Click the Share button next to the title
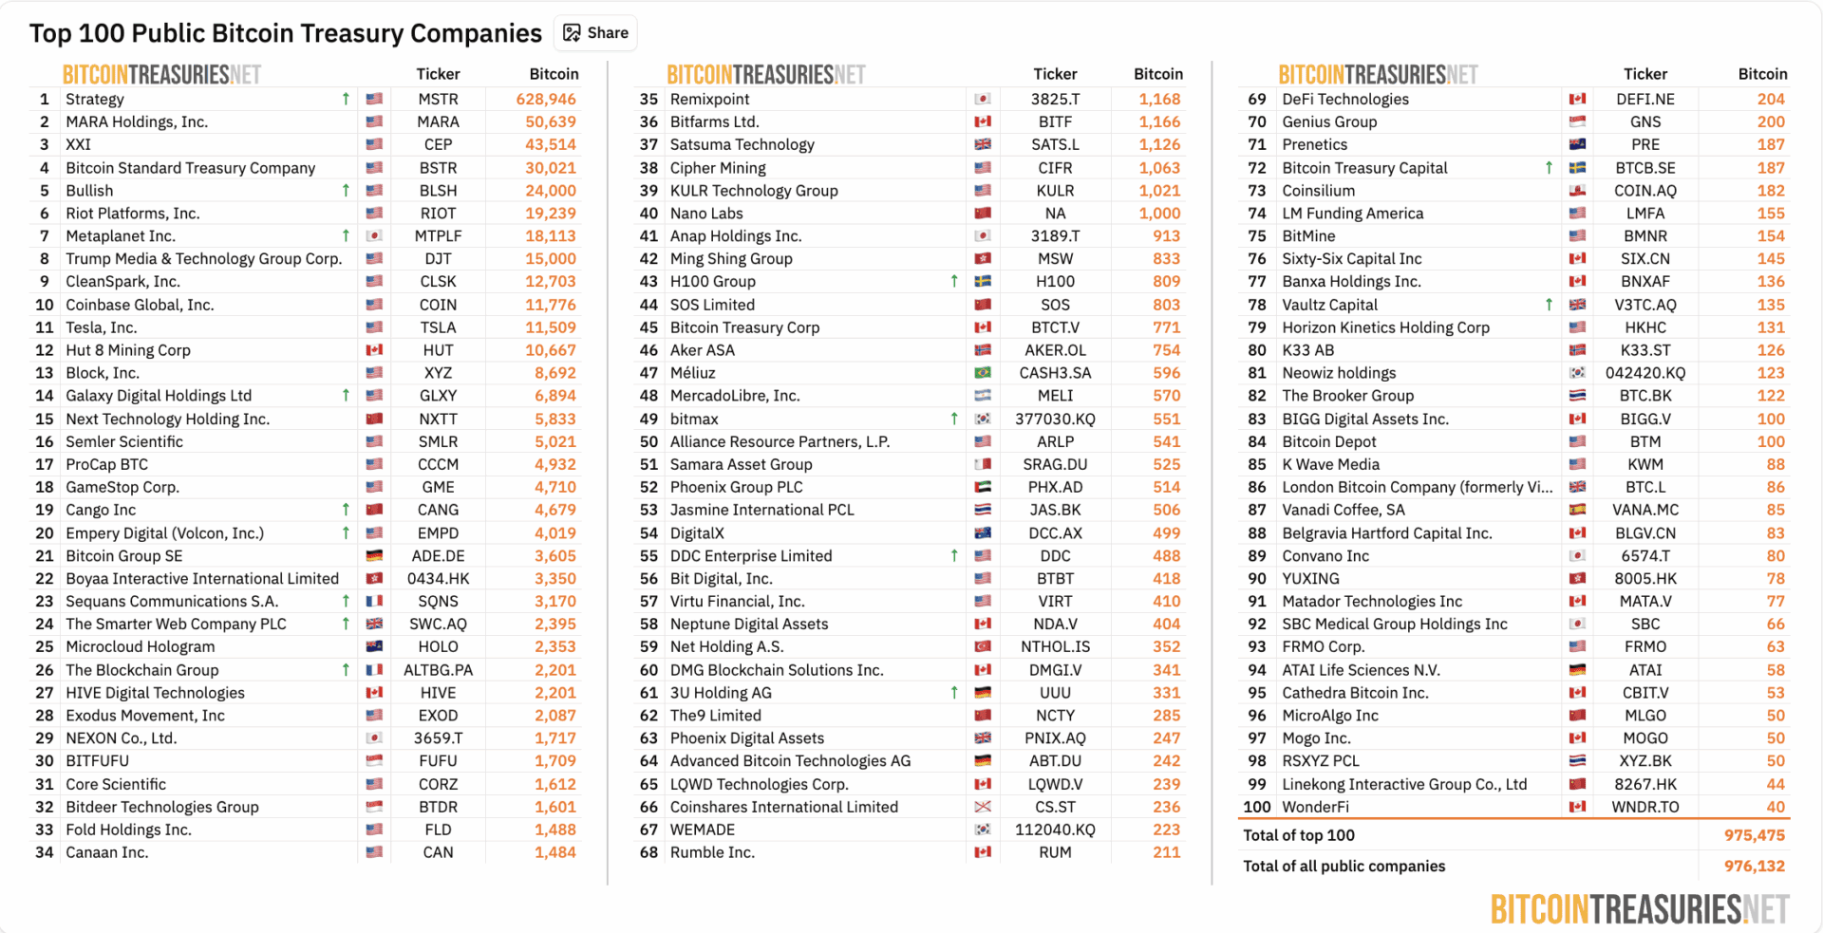pyautogui.click(x=596, y=33)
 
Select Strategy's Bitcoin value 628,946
pyautogui.click(x=551, y=99)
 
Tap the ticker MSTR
pyautogui.click(x=438, y=99)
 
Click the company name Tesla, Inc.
pyautogui.click(x=101, y=327)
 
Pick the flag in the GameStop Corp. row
pyautogui.click(x=374, y=487)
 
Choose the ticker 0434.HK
pyautogui.click(x=438, y=579)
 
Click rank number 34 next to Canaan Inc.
pyautogui.click(x=45, y=852)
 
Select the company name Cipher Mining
pyautogui.click(x=718, y=168)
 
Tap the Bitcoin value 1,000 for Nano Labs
pyautogui.click(x=1159, y=214)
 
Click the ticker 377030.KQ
pyautogui.click(x=1055, y=419)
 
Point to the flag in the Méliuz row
pyautogui.click(x=983, y=373)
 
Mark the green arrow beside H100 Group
pyautogui.click(x=954, y=282)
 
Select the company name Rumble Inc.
pyautogui.click(x=712, y=852)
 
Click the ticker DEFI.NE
pyautogui.click(x=1645, y=99)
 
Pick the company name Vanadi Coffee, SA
pyautogui.click(x=1343, y=510)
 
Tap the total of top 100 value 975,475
pyautogui.click(x=1755, y=835)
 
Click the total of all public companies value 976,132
pyautogui.click(x=1755, y=866)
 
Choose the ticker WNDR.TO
pyautogui.click(x=1645, y=807)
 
